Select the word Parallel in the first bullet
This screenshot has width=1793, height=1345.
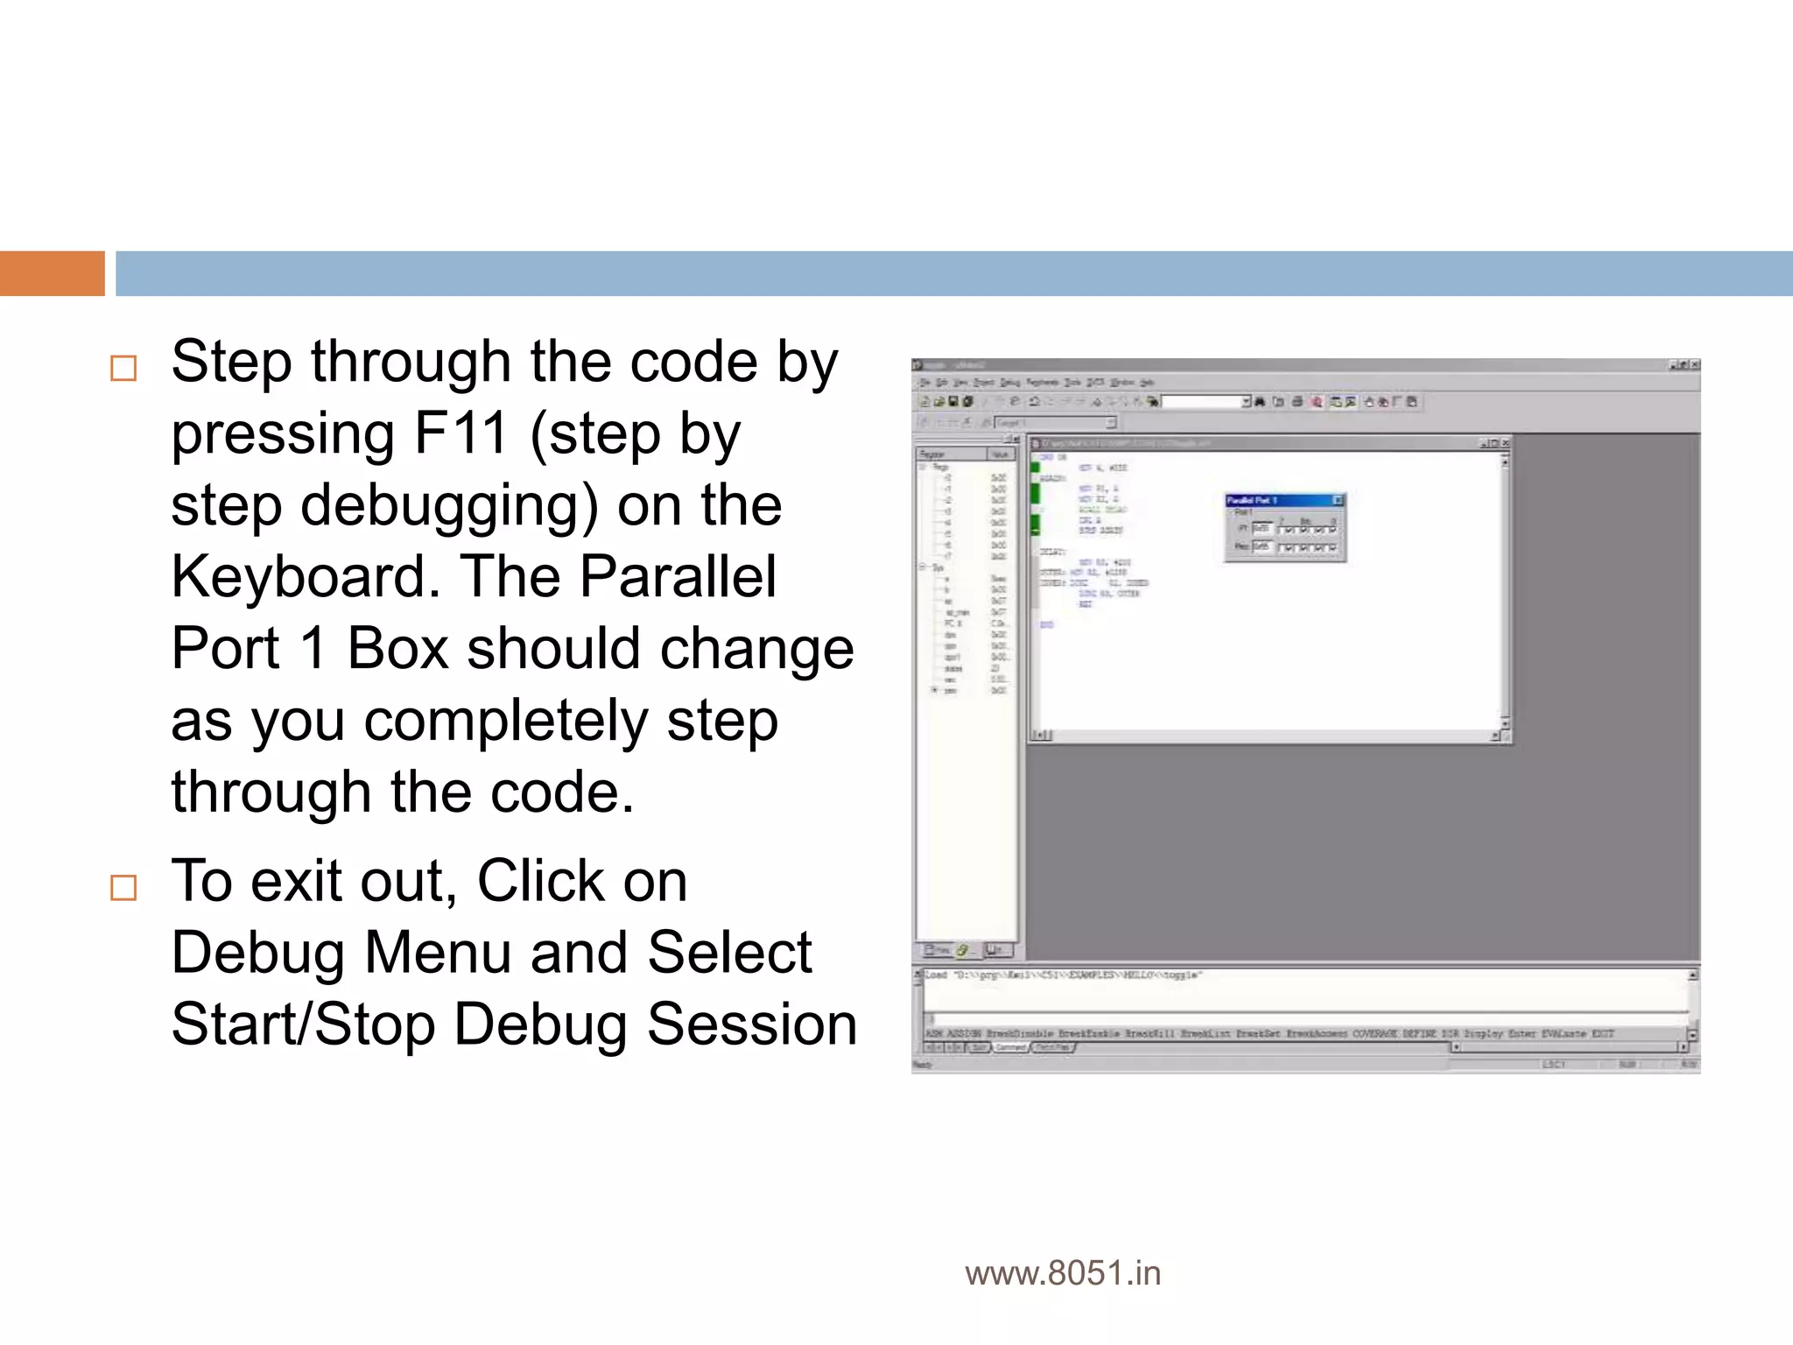[678, 576]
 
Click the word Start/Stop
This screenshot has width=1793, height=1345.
[303, 1024]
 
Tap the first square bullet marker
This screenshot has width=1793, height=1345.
[123, 368]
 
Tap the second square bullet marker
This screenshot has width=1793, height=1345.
[123, 887]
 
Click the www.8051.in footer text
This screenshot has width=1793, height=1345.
[1062, 1273]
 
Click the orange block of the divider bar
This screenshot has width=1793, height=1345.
[52, 273]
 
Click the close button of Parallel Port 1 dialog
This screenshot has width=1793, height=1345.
[1338, 500]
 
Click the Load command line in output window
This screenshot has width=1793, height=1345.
[1064, 975]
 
